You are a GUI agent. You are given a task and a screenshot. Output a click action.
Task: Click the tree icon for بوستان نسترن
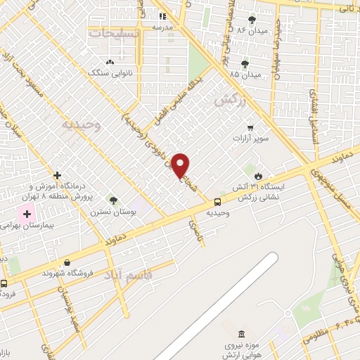point(113,202)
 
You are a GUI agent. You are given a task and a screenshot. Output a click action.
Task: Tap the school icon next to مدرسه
point(162,15)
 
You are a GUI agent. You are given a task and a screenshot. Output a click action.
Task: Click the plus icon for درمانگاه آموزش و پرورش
point(57,175)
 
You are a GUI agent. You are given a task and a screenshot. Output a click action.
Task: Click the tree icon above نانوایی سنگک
point(110,61)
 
